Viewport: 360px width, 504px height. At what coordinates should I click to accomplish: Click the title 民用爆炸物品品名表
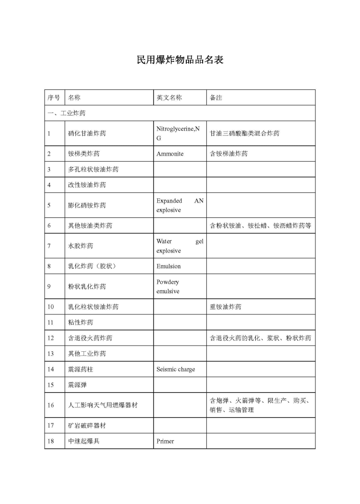180,60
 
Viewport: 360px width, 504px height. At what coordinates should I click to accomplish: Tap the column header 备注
216,97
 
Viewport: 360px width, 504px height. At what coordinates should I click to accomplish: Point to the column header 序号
54,97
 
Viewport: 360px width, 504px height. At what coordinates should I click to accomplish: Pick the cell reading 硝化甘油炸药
87,133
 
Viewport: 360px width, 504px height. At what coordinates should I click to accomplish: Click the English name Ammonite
170,154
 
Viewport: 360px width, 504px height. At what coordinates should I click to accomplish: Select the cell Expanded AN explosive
180,205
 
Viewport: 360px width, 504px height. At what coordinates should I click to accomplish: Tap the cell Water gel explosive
180,246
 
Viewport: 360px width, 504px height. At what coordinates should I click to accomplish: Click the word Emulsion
168,266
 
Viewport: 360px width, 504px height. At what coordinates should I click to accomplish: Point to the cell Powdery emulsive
168,287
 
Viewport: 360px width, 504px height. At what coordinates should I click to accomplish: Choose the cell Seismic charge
176,369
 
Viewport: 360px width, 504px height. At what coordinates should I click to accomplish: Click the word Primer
165,441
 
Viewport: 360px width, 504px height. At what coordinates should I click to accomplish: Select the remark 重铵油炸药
226,307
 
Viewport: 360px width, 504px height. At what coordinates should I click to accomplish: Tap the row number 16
51,405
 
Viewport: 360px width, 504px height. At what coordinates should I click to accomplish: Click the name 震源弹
77,384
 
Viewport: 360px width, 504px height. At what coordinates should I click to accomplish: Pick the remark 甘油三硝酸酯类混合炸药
244,133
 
